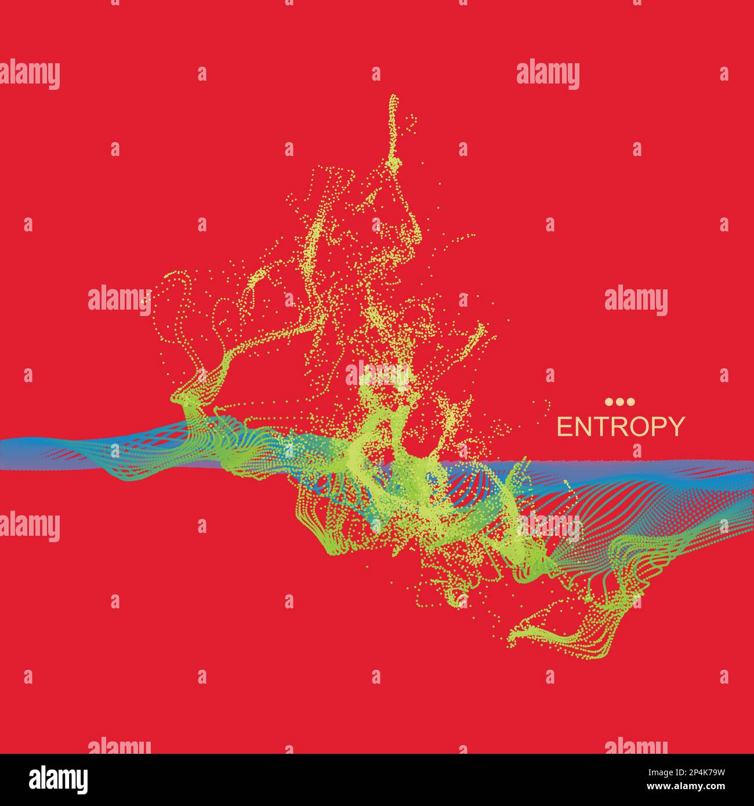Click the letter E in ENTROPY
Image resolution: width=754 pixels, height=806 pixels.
[x=564, y=427]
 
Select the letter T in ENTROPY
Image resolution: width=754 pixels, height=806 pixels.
[x=597, y=427]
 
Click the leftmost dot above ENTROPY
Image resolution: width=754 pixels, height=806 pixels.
[x=609, y=402]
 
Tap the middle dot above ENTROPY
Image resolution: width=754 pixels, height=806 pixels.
[x=620, y=402]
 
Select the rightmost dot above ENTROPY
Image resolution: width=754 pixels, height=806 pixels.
[x=631, y=402]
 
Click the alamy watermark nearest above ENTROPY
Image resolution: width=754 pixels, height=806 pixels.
[x=636, y=302]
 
